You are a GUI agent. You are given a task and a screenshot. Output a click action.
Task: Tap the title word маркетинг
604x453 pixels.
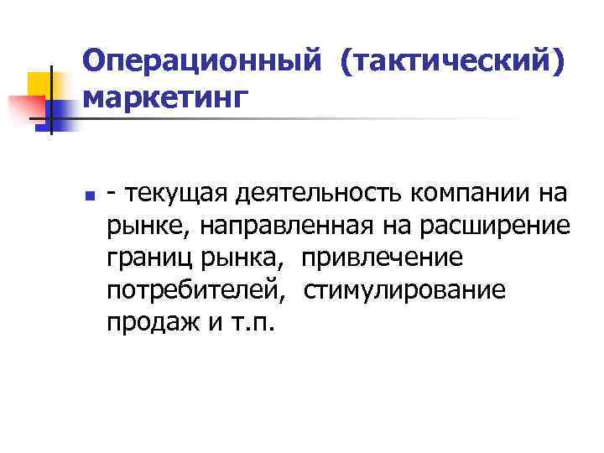point(167,97)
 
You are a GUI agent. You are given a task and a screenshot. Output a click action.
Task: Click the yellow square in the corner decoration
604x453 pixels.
point(44,83)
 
